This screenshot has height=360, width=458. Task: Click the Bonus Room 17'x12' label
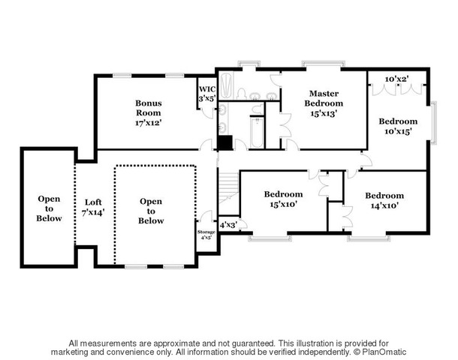tap(149, 113)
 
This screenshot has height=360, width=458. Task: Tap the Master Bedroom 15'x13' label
tap(324, 103)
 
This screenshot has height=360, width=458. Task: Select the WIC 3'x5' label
tap(207, 94)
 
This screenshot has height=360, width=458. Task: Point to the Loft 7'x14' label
tap(93, 207)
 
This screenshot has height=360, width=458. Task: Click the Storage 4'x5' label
tap(206, 235)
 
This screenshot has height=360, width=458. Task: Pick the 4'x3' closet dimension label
tap(228, 225)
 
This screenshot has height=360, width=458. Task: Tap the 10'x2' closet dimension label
tap(396, 79)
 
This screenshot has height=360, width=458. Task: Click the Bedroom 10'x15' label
tap(398, 126)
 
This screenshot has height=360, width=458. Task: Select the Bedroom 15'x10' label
tap(283, 199)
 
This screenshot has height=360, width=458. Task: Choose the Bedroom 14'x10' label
tap(384, 200)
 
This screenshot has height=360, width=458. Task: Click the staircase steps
tap(229, 187)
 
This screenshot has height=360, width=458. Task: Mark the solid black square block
tap(225, 142)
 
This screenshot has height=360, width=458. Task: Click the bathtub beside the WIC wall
tap(226, 85)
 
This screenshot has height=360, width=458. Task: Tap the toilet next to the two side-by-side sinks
tap(242, 94)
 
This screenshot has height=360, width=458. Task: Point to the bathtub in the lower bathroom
tap(257, 133)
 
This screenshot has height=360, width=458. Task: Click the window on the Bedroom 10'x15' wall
tap(434, 123)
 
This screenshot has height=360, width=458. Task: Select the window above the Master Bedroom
tap(323, 64)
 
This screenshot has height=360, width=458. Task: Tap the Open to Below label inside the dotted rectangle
tap(151, 211)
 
